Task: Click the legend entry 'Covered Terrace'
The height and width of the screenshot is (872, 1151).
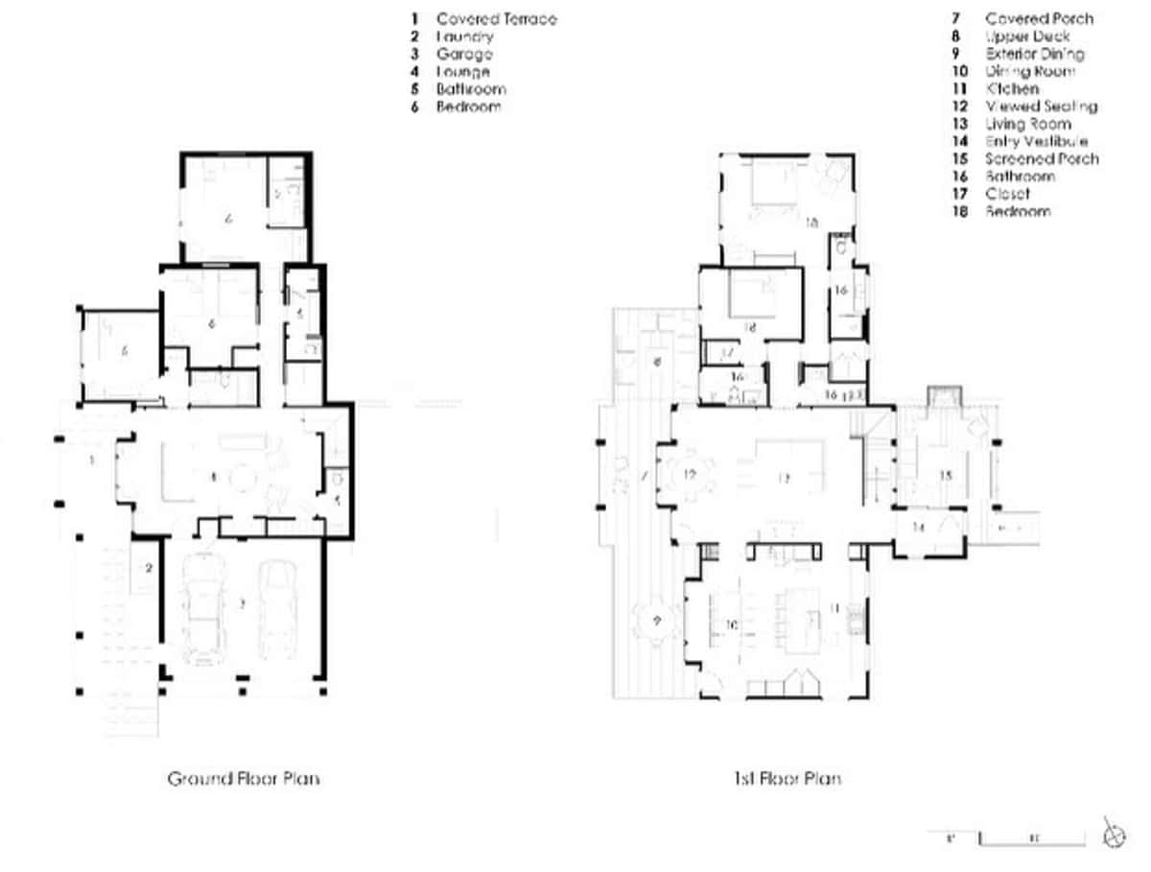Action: click(x=496, y=19)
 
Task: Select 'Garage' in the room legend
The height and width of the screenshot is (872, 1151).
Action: click(x=464, y=55)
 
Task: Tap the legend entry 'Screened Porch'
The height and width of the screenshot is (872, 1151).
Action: click(x=1042, y=159)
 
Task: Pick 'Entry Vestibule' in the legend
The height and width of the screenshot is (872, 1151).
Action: click(x=1036, y=142)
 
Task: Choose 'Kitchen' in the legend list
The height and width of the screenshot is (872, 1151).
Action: click(x=1012, y=89)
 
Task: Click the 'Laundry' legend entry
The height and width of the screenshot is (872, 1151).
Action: click(x=465, y=36)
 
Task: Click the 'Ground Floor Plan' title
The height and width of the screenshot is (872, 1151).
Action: click(x=244, y=778)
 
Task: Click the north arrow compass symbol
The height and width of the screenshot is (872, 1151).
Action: click(x=1113, y=836)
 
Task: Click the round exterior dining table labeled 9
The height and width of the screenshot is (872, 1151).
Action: click(x=657, y=621)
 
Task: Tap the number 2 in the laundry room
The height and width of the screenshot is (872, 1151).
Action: click(x=149, y=568)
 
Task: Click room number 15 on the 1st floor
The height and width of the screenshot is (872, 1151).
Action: click(x=945, y=475)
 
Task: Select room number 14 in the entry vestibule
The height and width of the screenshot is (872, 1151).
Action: click(x=919, y=527)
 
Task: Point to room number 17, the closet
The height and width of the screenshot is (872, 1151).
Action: click(x=726, y=354)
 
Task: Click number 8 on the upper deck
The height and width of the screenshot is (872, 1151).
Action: click(x=658, y=363)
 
